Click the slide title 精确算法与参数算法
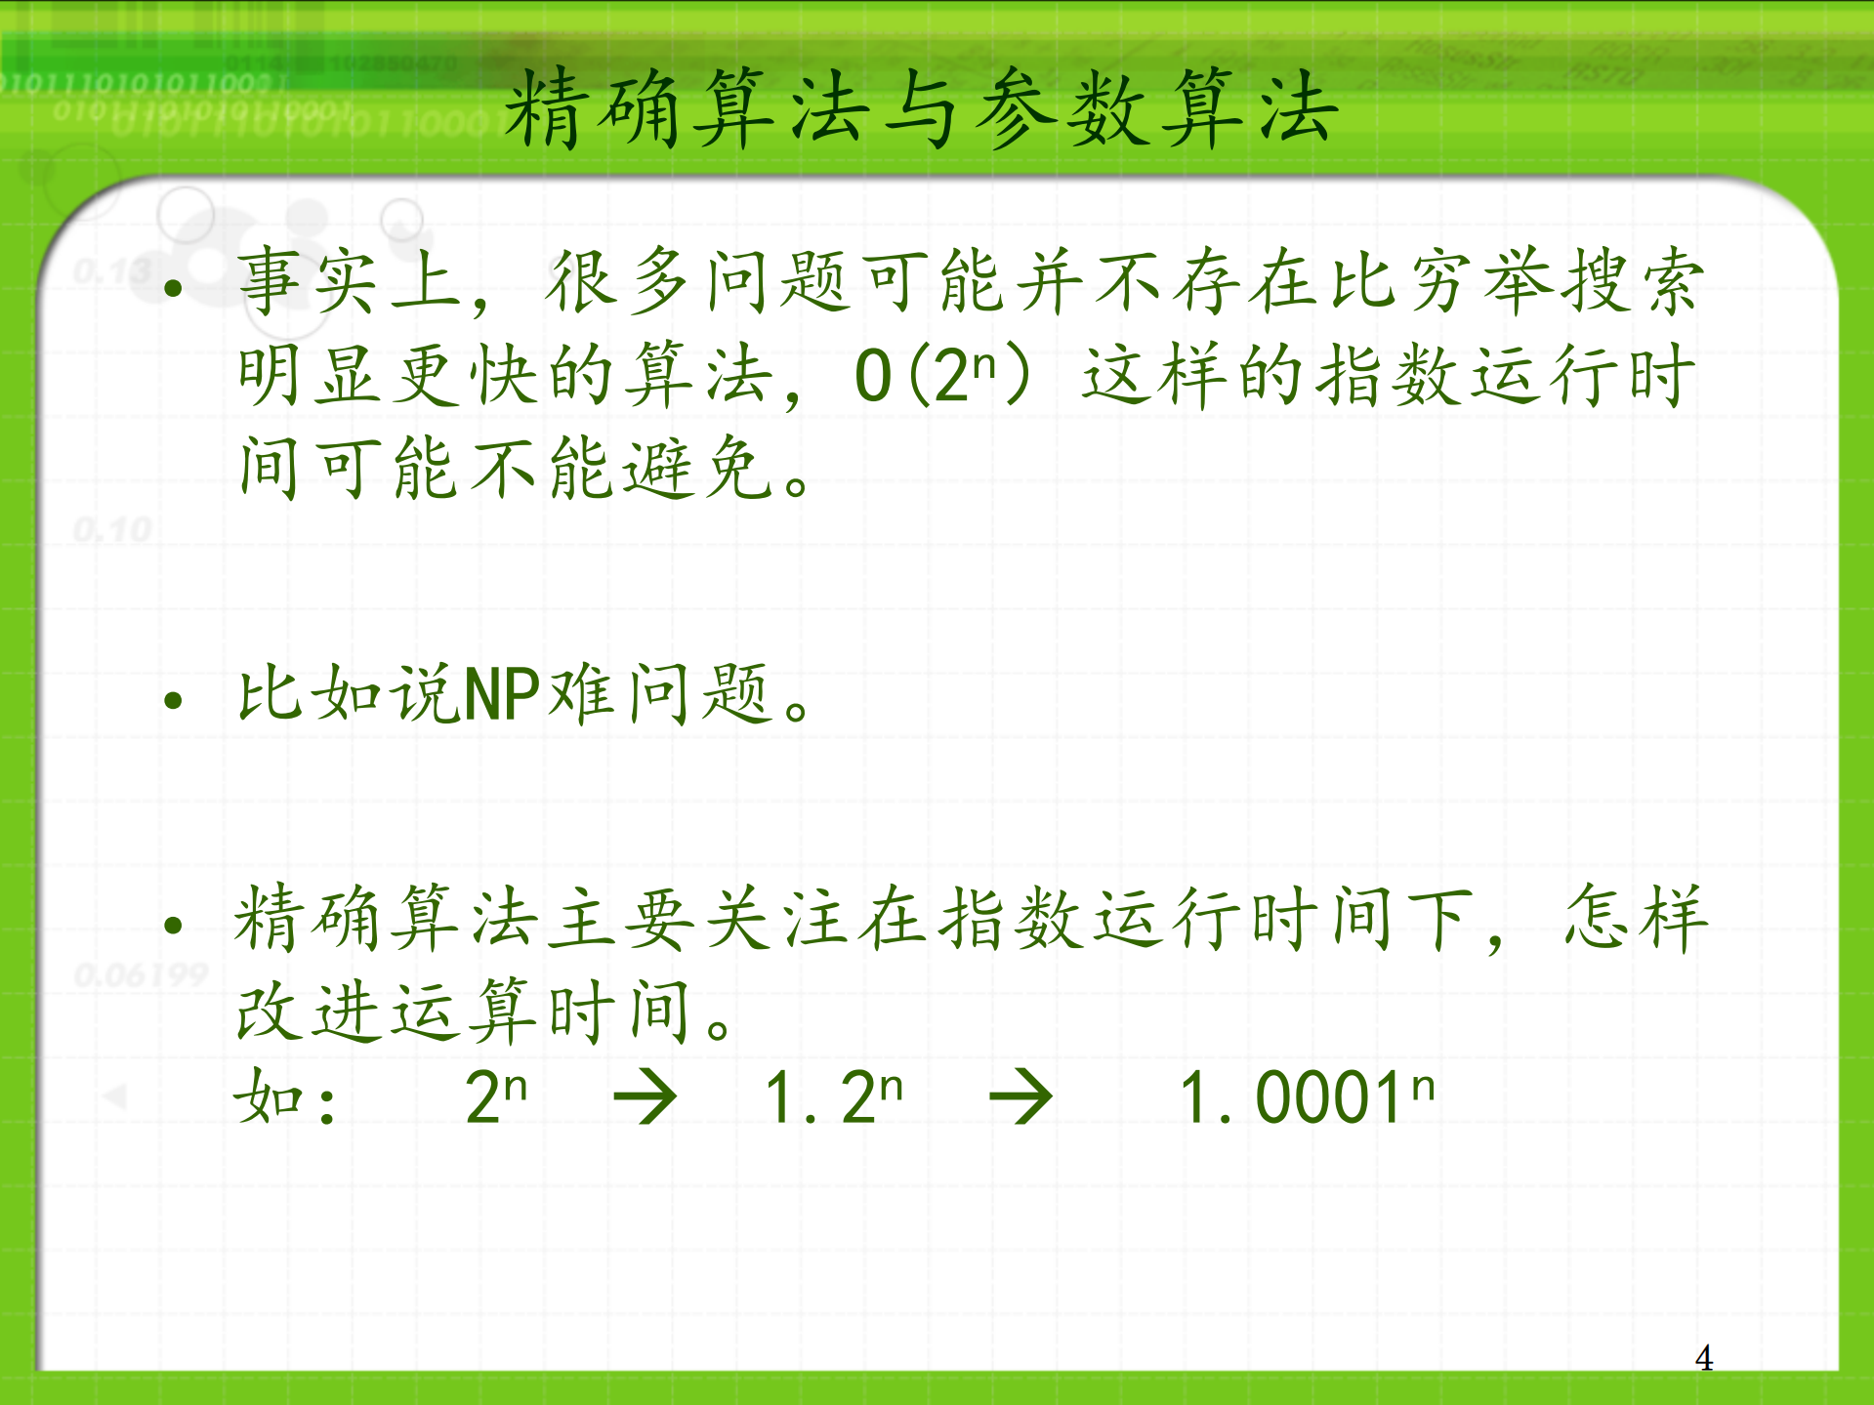click(920, 110)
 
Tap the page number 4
click(1703, 1357)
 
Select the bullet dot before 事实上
click(174, 287)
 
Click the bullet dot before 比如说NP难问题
click(174, 699)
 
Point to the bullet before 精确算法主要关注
click(174, 924)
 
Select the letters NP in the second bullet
click(501, 695)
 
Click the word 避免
click(697, 470)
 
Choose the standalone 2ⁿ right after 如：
click(496, 1096)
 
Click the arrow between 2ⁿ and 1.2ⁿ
click(645, 1096)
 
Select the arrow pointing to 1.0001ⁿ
click(1020, 1096)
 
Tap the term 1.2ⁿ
click(834, 1096)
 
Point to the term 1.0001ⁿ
click(1307, 1096)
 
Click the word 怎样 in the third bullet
click(1635, 919)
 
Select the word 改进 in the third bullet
click(312, 1012)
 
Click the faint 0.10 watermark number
click(113, 530)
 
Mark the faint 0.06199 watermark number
click(142, 973)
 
